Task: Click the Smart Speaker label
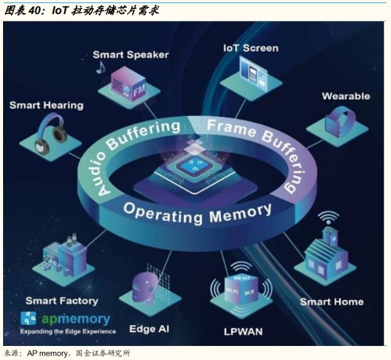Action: click(130, 54)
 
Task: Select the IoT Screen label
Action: click(251, 48)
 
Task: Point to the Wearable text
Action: click(345, 96)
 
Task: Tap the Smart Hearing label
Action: click(46, 105)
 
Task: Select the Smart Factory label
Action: click(61, 301)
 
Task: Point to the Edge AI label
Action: click(149, 329)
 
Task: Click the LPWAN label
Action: click(243, 331)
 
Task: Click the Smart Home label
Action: click(331, 301)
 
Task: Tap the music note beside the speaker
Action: click(100, 67)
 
